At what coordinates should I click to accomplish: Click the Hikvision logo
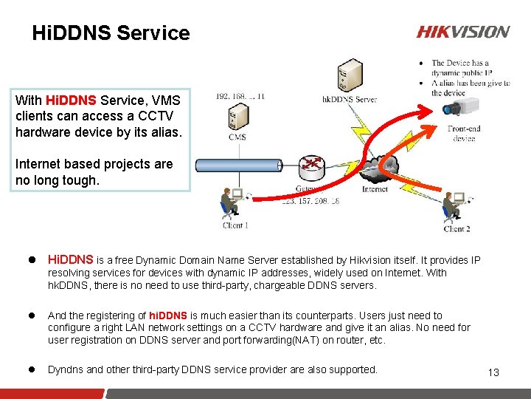point(462,32)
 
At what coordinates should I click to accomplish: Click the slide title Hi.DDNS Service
point(111,33)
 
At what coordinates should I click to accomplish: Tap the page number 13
point(493,372)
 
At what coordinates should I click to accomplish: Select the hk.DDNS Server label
point(350,98)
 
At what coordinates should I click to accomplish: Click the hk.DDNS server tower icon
point(348,72)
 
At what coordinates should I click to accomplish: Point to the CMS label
point(237,137)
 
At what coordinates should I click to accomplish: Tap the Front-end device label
point(464,133)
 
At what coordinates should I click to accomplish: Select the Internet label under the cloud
point(375,189)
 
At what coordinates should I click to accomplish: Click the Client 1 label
point(235,225)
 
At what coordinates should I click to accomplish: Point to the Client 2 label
point(457,228)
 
